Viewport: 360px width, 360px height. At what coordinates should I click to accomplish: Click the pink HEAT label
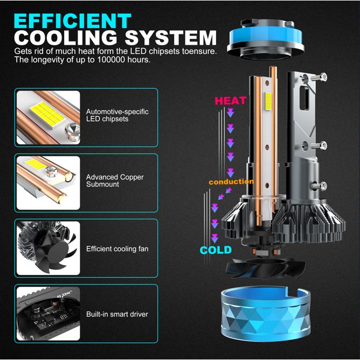230,100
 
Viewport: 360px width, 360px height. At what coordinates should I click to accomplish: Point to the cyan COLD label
216,250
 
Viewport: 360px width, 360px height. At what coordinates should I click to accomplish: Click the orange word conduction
231,182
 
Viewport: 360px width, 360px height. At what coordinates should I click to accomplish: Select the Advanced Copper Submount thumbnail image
48,182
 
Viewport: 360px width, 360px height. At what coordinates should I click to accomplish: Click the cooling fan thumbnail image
48,248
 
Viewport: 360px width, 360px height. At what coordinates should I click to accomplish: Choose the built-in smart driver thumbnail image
48,313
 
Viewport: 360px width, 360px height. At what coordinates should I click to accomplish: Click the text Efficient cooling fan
117,249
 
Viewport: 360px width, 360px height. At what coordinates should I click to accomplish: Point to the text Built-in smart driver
117,314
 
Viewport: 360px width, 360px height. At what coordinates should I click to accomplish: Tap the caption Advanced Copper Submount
115,181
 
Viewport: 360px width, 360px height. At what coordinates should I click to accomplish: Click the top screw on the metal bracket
322,77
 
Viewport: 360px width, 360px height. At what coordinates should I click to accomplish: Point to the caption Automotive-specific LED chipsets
117,115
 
